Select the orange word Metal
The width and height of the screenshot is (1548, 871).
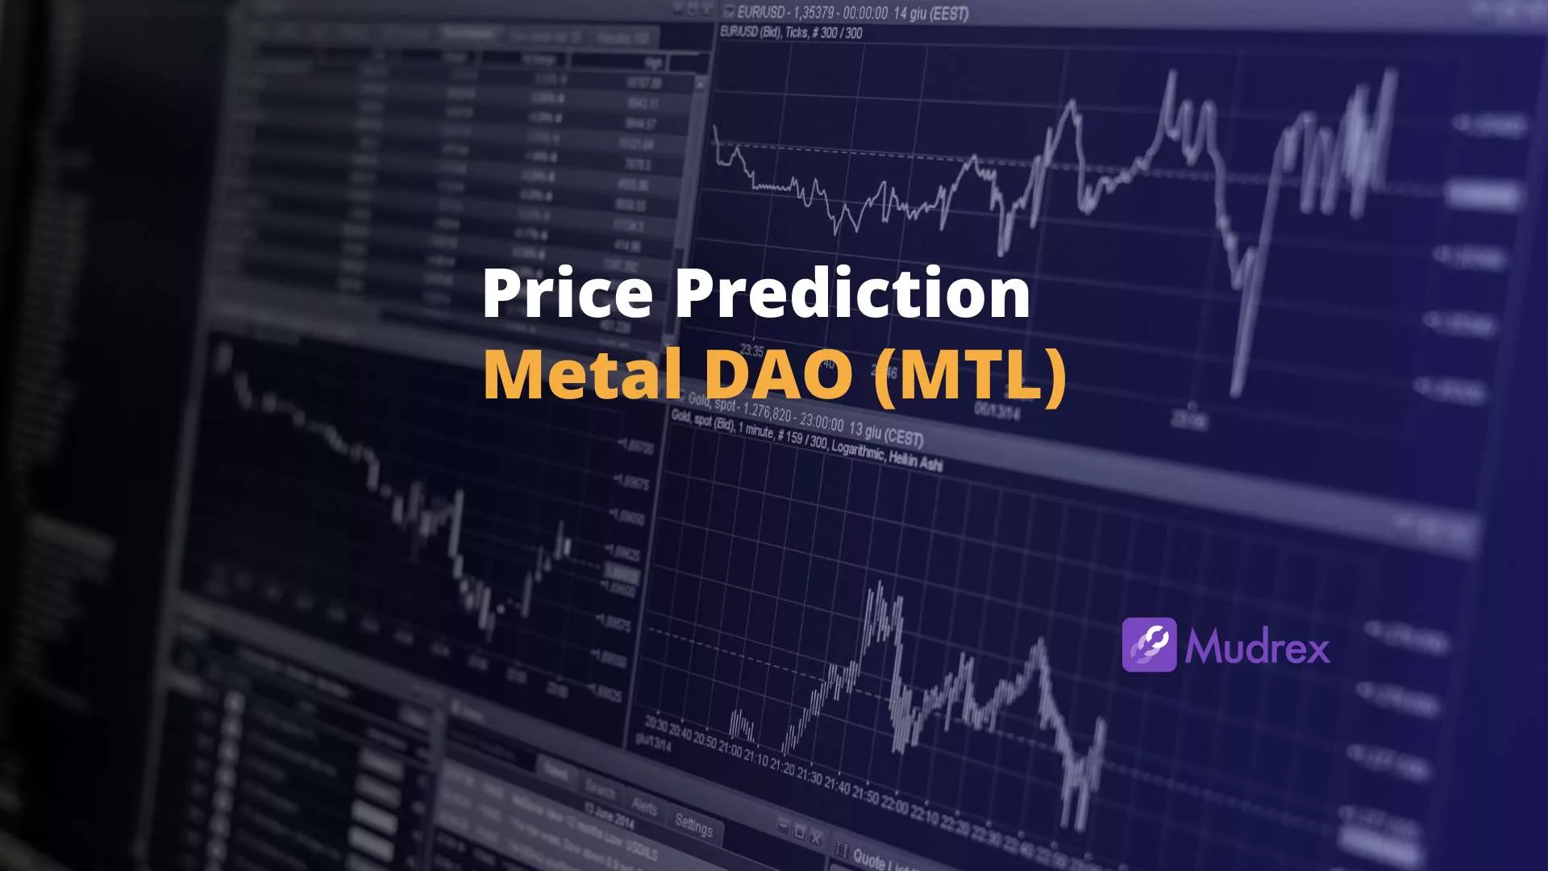pyautogui.click(x=582, y=373)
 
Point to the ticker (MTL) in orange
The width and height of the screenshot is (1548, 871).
pyautogui.click(x=971, y=373)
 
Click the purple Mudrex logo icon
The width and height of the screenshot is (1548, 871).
pyautogui.click(x=1149, y=644)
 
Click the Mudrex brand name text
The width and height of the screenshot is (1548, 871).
pyautogui.click(x=1257, y=648)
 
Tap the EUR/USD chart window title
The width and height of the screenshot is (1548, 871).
pyautogui.click(x=847, y=12)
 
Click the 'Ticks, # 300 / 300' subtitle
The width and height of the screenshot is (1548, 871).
pyautogui.click(x=822, y=33)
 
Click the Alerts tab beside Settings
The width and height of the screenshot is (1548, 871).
pyautogui.click(x=643, y=806)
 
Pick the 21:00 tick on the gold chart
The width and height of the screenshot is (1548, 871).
pyautogui.click(x=730, y=748)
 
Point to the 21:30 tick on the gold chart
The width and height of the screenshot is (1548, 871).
pyautogui.click(x=809, y=776)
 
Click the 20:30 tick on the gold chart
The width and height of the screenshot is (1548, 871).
pyautogui.click(x=655, y=724)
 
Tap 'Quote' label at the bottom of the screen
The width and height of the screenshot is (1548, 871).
pyautogui.click(x=868, y=860)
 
